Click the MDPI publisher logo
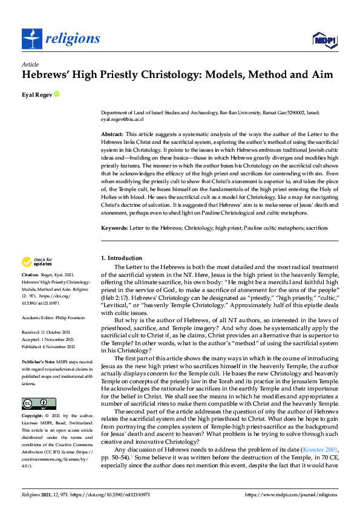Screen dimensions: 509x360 click(x=321, y=40)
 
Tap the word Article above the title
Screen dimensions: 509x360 click(x=30, y=64)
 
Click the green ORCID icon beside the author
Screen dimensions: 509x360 click(x=57, y=94)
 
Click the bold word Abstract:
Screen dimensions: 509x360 click(x=112, y=133)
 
